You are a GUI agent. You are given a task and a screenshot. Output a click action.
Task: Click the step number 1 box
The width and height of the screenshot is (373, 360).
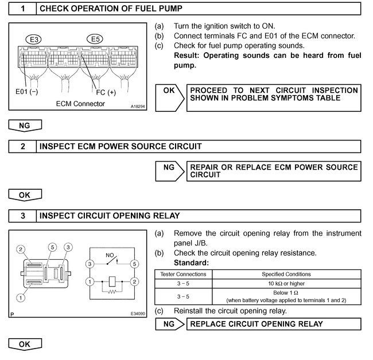[x=23, y=9]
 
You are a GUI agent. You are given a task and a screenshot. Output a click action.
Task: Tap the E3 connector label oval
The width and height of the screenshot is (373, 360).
[x=34, y=39]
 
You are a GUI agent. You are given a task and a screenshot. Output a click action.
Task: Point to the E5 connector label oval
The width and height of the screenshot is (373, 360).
[x=96, y=39]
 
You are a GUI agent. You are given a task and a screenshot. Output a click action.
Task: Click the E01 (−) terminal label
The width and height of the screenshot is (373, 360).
[x=26, y=91]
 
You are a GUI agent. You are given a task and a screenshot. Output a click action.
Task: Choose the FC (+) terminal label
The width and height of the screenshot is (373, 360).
[x=106, y=92]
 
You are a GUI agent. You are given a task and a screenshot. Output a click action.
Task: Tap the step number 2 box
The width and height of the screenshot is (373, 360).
[x=23, y=146]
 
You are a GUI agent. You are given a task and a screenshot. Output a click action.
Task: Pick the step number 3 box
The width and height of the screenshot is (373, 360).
[x=23, y=216]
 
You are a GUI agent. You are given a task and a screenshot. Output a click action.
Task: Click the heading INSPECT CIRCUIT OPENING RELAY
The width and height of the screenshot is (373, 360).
[x=109, y=216]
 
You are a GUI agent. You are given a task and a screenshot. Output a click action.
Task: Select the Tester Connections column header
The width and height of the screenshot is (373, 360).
[x=182, y=274]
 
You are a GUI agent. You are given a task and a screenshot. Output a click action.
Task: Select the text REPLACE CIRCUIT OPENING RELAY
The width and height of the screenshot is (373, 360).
[x=256, y=324]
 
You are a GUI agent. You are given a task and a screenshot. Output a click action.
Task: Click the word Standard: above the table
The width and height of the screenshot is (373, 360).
[x=191, y=263]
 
